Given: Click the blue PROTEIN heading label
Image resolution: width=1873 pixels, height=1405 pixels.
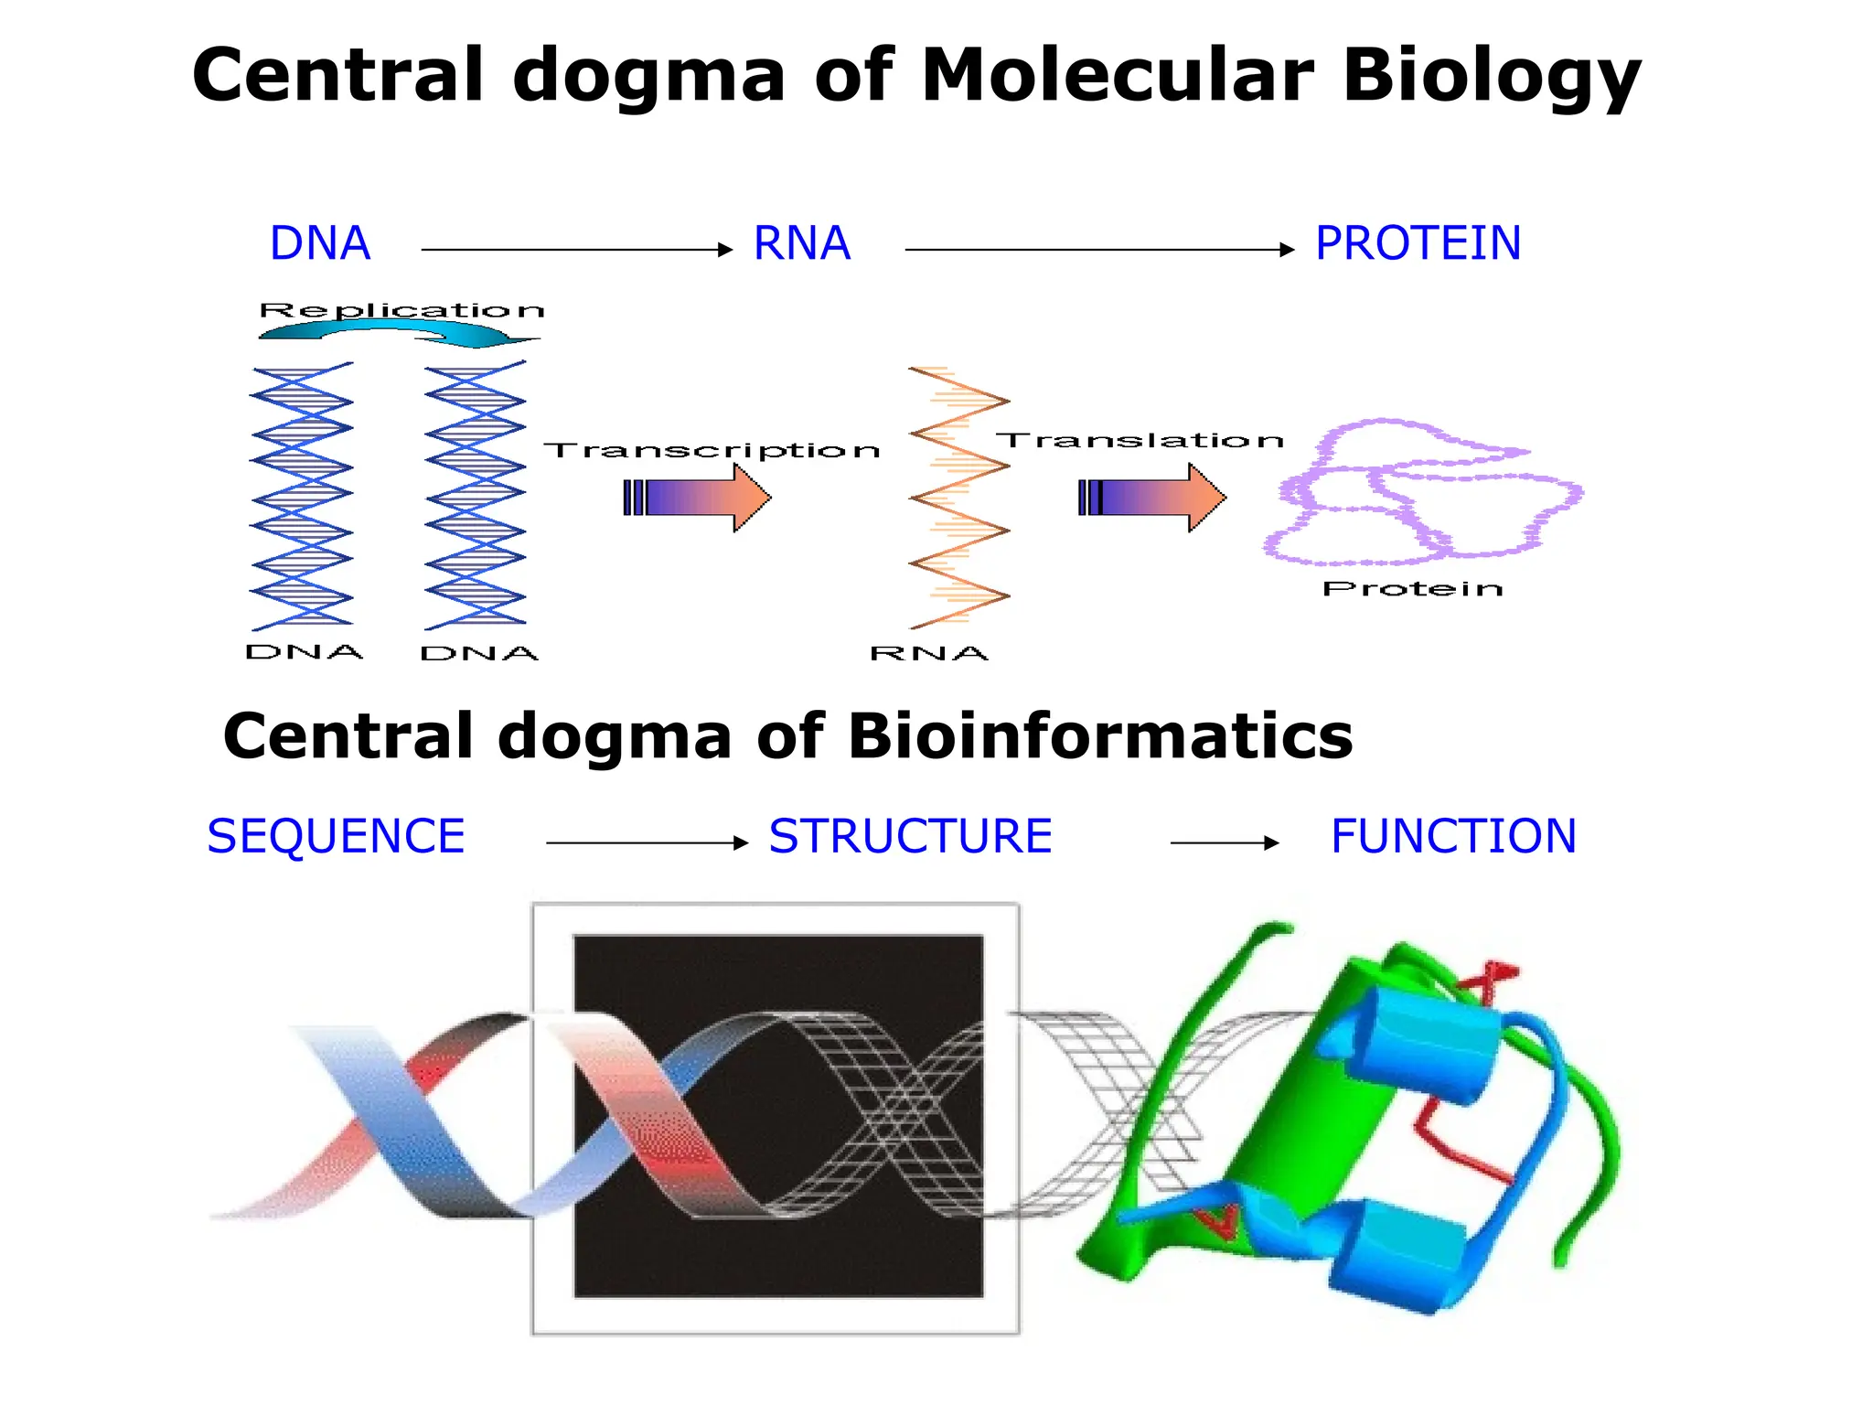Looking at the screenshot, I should [x=1418, y=243].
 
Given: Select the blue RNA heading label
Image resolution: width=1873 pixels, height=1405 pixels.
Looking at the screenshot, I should [x=802, y=243].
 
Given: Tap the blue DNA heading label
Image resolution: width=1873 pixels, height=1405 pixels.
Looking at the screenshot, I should [x=320, y=243].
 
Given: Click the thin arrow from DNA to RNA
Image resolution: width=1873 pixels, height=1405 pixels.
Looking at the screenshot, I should [x=576, y=249].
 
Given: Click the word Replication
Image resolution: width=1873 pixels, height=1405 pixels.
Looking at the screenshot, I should [x=401, y=311].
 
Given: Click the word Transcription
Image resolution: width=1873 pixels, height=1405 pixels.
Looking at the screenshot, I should [x=712, y=451].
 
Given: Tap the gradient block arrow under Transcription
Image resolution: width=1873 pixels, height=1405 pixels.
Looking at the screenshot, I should [x=697, y=498].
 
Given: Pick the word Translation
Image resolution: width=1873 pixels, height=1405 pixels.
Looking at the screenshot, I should [x=1140, y=441].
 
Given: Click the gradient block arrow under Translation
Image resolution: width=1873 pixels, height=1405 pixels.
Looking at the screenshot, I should [x=1152, y=498].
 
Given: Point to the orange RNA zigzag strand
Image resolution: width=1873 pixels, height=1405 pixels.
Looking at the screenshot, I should [x=958, y=499].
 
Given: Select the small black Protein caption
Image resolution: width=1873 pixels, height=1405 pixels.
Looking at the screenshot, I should [x=1413, y=589].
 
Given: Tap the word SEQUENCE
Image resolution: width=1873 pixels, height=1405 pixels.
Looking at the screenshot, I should [x=336, y=836].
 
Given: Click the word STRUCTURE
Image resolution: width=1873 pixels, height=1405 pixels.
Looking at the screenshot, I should [x=910, y=836].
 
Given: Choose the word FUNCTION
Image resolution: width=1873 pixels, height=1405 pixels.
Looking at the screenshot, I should [x=1453, y=836].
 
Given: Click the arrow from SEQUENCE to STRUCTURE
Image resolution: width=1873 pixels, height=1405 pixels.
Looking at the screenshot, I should [x=647, y=842].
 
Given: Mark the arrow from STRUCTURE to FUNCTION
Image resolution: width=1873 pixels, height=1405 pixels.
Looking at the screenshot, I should [x=1225, y=842].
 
